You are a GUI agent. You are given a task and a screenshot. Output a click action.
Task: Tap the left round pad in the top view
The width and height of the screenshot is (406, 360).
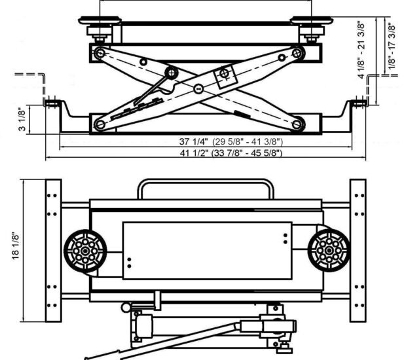click(84, 249)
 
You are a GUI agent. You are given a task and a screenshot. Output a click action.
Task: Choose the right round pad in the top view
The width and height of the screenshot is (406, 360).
click(325, 249)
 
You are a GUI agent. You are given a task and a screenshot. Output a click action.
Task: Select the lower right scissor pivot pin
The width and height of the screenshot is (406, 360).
click(298, 122)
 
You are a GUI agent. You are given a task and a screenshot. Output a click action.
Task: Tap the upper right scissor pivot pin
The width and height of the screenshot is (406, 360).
click(298, 53)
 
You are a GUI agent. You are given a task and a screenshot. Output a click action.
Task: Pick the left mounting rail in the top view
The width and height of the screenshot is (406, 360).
click(53, 251)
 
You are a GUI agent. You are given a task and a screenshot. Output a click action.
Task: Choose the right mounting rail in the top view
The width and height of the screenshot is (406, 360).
click(358, 251)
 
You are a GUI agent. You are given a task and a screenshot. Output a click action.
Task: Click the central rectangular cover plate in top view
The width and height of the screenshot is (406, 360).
click(207, 251)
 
